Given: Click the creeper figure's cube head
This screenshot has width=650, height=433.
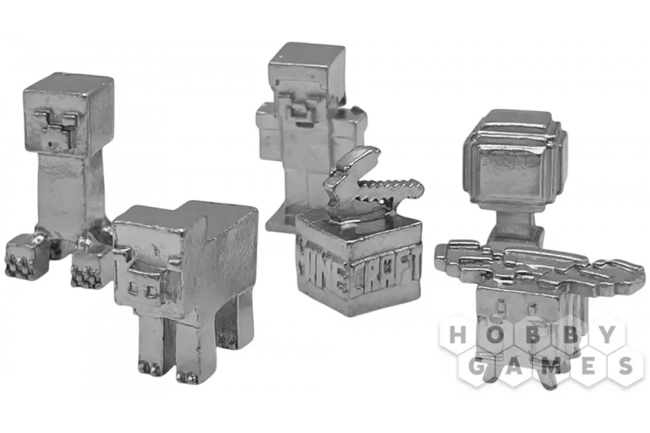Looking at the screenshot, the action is pyautogui.click(x=69, y=114).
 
